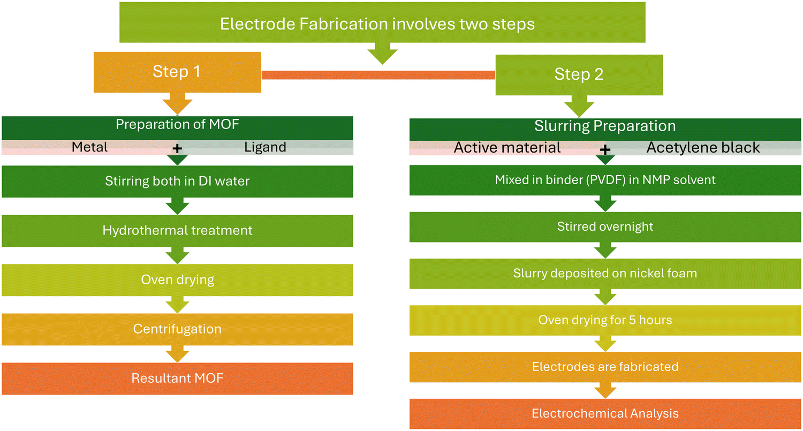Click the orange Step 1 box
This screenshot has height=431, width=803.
point(177,72)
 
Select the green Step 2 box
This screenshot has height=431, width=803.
point(579,74)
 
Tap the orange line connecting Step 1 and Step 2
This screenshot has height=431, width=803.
point(378,75)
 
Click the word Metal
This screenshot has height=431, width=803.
point(89,147)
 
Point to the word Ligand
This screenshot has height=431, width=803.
point(266,147)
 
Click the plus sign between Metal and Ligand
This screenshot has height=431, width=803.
point(177,148)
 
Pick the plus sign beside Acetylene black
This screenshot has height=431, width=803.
point(605,149)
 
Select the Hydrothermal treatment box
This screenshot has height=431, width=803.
point(177,231)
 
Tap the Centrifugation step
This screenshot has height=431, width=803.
point(177,329)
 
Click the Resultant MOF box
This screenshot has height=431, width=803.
point(177,379)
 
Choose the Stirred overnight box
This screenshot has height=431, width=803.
point(605,227)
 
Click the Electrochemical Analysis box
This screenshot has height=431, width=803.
point(605,414)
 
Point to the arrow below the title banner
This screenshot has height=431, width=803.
point(383,54)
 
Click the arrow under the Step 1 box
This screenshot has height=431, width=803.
point(177,104)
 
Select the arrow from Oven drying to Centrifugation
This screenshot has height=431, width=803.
point(177,305)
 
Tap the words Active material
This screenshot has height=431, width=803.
point(507,148)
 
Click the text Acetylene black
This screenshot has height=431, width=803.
point(703,148)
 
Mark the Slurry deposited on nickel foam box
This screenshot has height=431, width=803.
point(605,274)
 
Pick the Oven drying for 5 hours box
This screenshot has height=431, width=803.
point(605,320)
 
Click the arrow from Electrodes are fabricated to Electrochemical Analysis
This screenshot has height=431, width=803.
point(605,390)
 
